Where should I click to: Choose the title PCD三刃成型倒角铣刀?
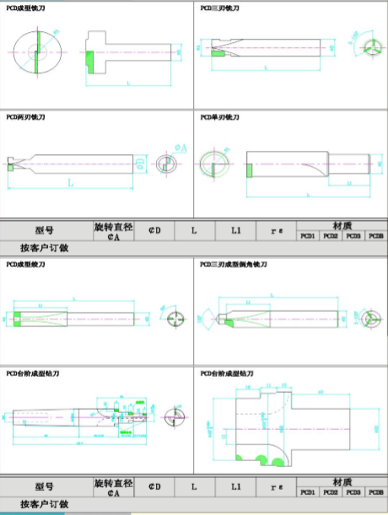coord(233,265)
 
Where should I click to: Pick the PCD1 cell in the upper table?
coord(309,237)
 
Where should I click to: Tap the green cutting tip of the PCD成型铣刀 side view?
coord(89,61)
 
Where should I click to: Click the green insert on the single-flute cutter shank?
coord(250,171)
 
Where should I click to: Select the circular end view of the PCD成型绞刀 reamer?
coord(175,319)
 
